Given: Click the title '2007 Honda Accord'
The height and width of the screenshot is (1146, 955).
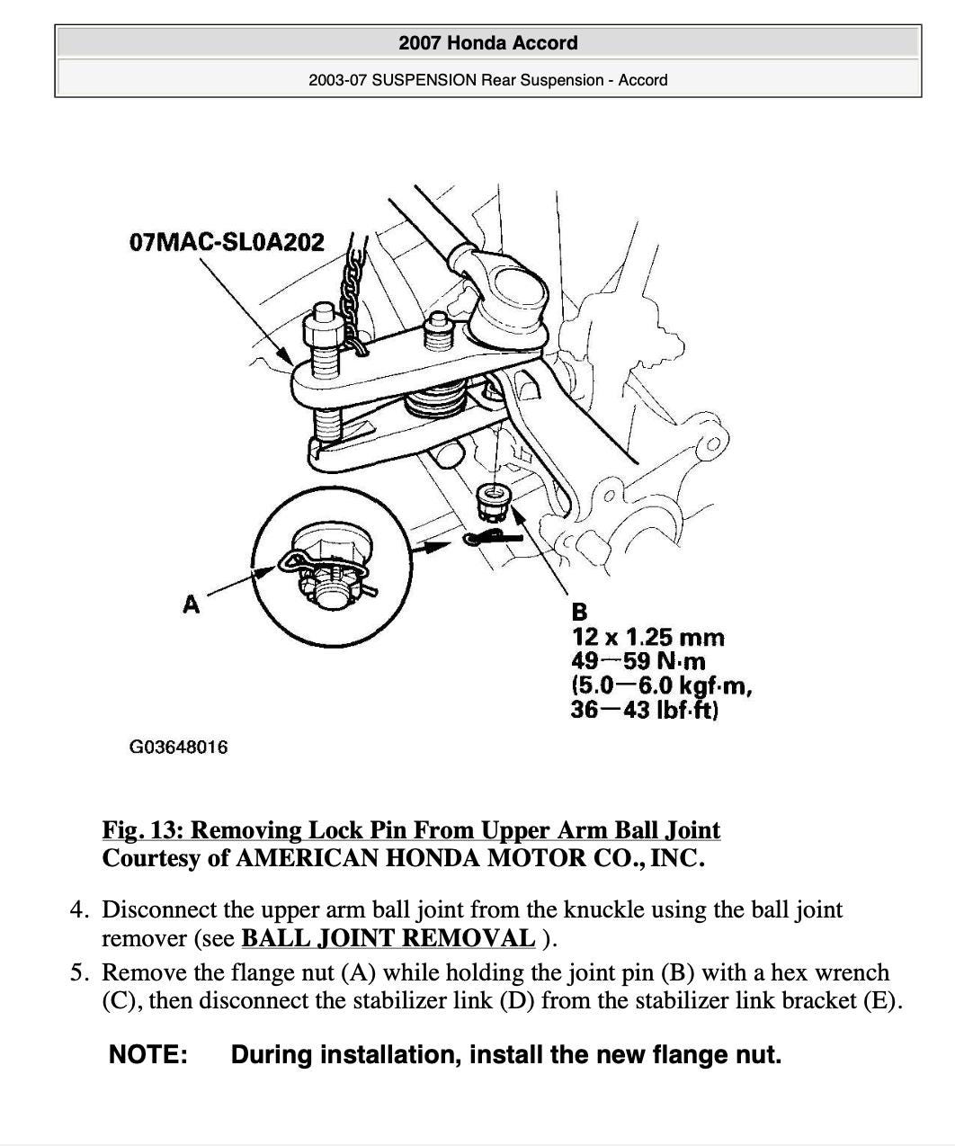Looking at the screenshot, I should (487, 42).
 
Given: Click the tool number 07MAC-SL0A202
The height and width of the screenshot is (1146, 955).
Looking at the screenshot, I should (227, 243).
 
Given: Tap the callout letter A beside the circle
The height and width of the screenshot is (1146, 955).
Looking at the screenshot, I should (191, 604).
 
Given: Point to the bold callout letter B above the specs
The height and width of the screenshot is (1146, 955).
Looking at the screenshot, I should (579, 612).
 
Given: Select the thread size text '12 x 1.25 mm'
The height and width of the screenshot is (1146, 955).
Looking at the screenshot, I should (647, 638).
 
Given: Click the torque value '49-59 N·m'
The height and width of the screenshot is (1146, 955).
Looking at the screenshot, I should (638, 662).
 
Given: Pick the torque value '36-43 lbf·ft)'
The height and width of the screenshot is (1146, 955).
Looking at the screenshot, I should (644, 711).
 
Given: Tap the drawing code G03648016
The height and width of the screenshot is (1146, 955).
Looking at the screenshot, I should (179, 747).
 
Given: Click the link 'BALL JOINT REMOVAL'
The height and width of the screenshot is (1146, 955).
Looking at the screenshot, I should (388, 938).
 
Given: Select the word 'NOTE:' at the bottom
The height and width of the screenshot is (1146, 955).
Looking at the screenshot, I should (148, 1054).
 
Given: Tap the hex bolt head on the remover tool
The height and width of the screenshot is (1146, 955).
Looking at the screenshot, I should (320, 328).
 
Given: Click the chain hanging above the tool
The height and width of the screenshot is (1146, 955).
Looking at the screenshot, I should (350, 288).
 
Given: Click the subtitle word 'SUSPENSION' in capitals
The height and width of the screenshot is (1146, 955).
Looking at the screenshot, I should (424, 80).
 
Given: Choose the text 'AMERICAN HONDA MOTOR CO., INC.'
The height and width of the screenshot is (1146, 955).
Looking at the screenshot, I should (469, 858).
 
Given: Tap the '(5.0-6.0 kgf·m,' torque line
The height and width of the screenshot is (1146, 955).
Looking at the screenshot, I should (662, 686).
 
